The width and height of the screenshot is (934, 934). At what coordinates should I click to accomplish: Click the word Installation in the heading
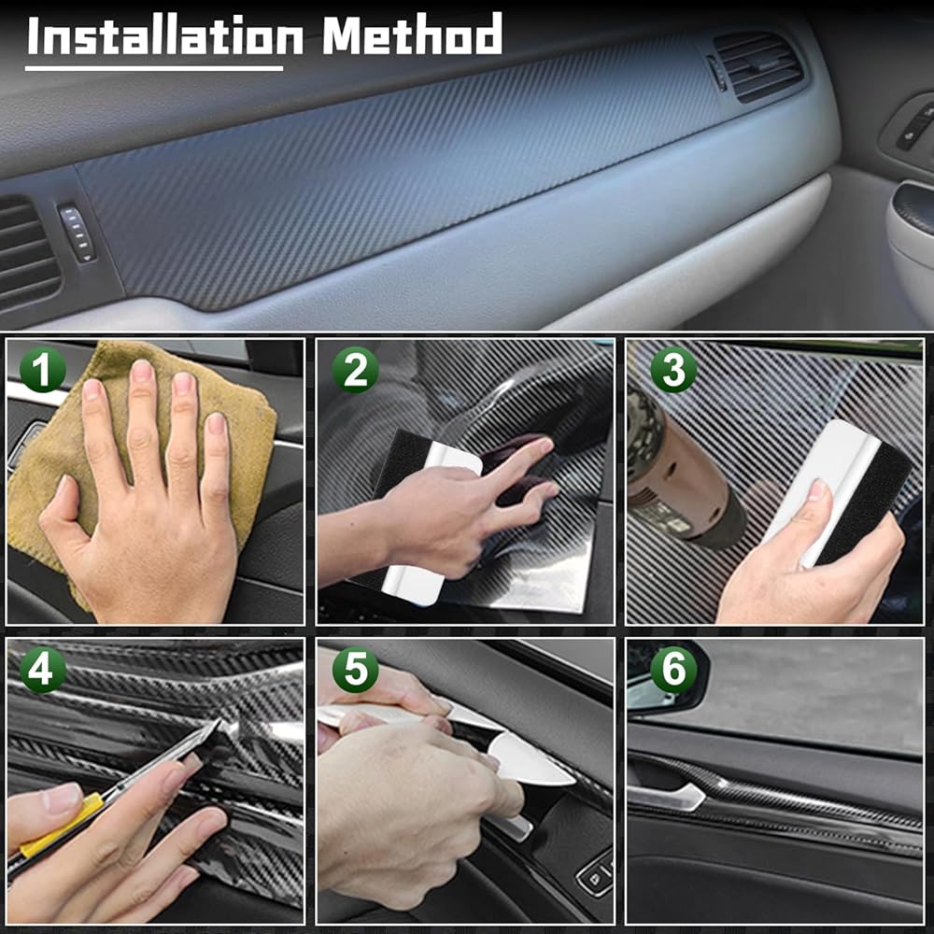[165, 35]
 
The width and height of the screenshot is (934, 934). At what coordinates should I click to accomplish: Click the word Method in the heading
[412, 35]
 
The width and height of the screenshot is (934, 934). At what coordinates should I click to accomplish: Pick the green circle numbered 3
[673, 369]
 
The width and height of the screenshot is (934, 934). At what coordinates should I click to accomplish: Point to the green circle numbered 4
[42, 670]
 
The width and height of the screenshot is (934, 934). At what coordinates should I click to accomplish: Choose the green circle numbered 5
[355, 670]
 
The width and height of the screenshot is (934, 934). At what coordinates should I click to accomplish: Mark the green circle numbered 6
[673, 670]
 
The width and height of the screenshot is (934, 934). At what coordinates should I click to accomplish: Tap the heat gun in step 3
[679, 471]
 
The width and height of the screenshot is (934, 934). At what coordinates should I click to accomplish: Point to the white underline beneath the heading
[154, 68]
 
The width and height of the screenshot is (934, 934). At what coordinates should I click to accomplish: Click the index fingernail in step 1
[142, 371]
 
